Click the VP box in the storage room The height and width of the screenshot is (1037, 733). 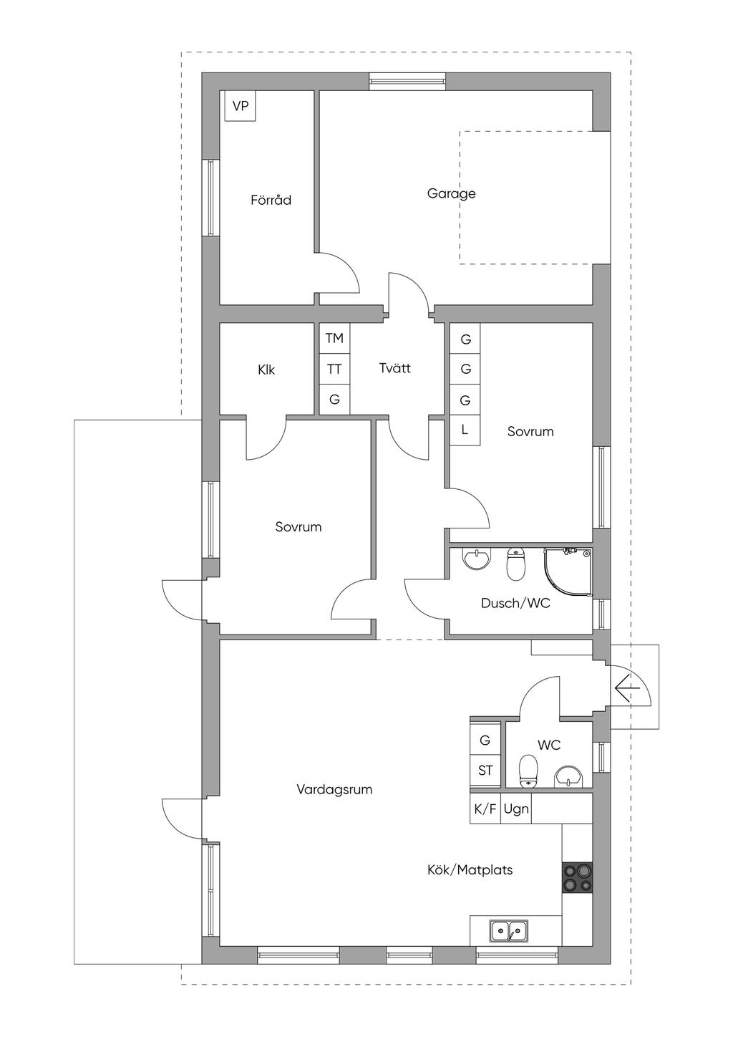tap(240, 106)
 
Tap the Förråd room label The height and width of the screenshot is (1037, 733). tap(271, 200)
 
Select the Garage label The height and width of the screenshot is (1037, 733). tap(451, 193)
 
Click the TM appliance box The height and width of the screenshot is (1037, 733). tap(334, 338)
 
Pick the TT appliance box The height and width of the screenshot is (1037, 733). tap(334, 370)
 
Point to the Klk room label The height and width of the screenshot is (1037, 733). tap(266, 370)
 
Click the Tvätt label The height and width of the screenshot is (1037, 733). tap(395, 368)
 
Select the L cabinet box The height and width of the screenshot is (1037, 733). tap(465, 430)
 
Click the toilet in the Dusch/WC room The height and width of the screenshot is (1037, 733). tap(515, 565)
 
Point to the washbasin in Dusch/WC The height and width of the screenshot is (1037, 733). tap(476, 559)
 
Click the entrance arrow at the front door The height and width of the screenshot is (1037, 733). tap(625, 690)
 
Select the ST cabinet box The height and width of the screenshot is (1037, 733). tap(485, 771)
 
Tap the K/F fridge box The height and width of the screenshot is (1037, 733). tap(485, 809)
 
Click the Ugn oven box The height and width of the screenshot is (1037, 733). tap(516, 809)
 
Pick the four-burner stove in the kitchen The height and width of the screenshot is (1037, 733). tap(578, 877)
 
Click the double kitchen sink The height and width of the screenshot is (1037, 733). tap(509, 931)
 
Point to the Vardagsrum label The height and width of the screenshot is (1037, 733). tap(334, 790)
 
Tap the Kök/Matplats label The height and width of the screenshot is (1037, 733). tap(470, 870)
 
